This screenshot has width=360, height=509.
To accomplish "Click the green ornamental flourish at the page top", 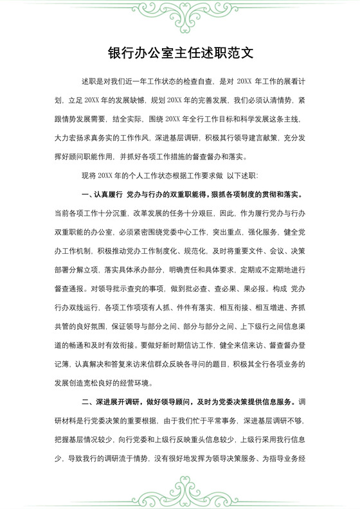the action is coord(180,14).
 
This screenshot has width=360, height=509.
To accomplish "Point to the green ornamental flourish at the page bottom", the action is coord(180,496).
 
